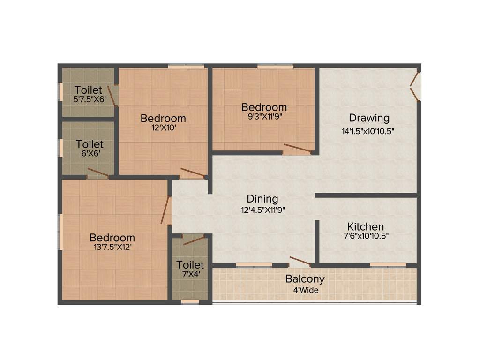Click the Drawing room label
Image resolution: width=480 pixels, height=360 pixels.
369,118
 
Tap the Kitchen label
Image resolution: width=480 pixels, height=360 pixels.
366,226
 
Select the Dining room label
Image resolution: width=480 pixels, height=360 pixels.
262,199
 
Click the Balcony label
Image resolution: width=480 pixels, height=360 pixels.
305,279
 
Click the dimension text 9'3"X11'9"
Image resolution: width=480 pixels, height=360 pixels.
264,116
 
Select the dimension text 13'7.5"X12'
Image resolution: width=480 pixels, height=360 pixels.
112,247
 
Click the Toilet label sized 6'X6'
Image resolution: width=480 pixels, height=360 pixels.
90,144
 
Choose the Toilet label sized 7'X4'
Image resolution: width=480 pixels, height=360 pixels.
190,265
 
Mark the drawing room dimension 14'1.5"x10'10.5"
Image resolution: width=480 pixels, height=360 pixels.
368,131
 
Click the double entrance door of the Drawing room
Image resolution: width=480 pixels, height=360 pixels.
415,86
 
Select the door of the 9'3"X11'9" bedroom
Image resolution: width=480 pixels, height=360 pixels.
297,149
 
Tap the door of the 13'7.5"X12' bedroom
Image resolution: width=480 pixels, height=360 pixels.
166,210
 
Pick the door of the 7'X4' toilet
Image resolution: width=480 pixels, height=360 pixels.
194,240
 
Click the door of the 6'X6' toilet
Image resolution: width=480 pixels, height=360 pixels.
97,173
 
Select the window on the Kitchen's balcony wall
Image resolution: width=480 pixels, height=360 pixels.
388,265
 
